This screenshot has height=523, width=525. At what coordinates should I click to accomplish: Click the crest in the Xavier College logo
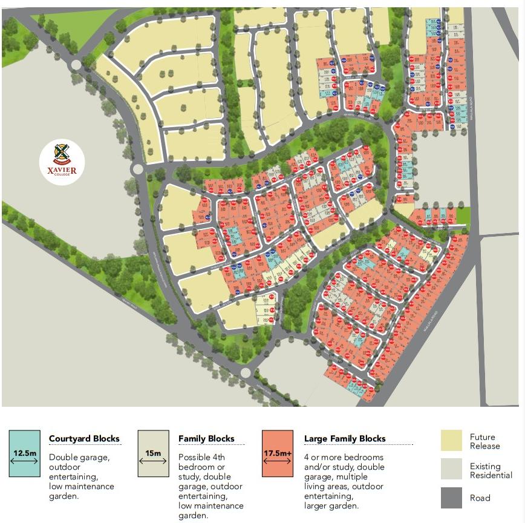tap(62, 153)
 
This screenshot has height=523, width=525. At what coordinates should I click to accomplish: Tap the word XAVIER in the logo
tap(62, 170)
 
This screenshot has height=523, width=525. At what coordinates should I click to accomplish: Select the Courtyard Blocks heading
tap(84, 439)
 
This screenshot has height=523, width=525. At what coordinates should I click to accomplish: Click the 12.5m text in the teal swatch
tap(25, 452)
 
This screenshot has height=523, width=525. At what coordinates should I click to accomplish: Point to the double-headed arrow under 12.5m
tap(25, 461)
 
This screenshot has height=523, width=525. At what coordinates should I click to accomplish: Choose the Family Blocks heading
tap(206, 439)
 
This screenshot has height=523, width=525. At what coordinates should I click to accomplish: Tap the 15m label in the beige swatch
tap(153, 452)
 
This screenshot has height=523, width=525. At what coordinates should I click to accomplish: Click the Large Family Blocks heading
tap(345, 439)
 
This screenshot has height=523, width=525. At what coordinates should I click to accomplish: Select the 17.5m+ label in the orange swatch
tap(278, 452)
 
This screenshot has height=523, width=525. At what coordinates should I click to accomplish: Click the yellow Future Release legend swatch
tap(451, 441)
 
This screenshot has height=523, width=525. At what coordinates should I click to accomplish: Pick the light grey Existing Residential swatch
tap(451, 470)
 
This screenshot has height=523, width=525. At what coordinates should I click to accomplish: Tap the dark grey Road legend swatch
tap(451, 498)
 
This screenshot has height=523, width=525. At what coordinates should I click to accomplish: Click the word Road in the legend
tap(480, 498)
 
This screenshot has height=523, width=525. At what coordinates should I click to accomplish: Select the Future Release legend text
tap(485, 441)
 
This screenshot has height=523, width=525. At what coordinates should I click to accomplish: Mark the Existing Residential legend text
tap(491, 471)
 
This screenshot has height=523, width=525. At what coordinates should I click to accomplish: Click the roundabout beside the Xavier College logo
tap(137, 169)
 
